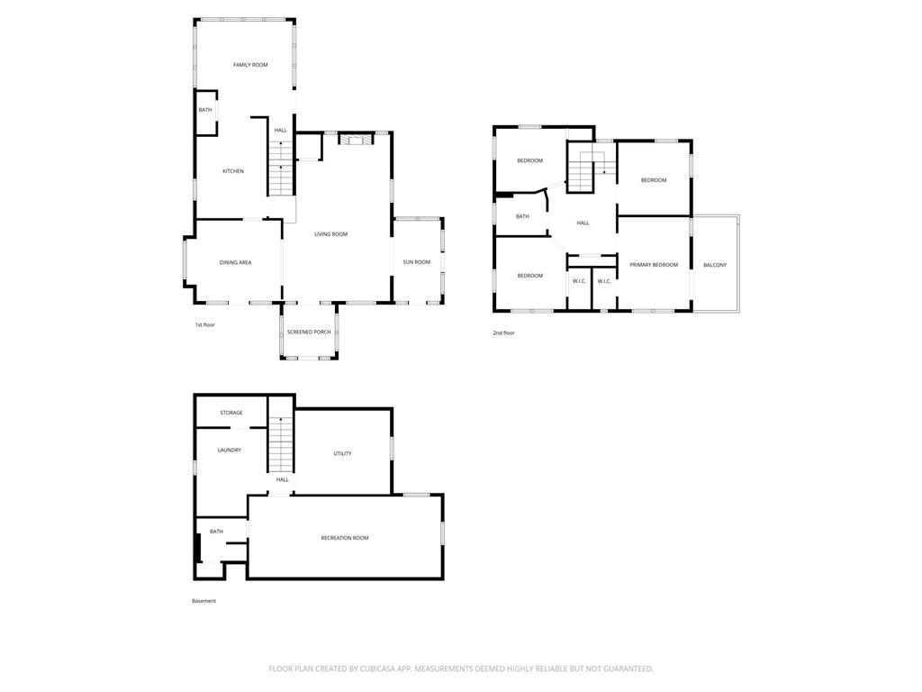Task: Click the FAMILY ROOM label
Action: (x=250, y=65)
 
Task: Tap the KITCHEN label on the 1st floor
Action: (x=233, y=171)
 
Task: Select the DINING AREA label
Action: (x=235, y=262)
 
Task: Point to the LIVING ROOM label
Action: (x=331, y=234)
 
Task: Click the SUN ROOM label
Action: (x=416, y=262)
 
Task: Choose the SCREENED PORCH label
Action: (x=309, y=332)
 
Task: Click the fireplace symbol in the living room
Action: (x=356, y=140)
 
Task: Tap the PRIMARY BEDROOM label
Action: (x=654, y=265)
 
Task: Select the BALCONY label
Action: (x=715, y=266)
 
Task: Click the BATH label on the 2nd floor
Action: (x=522, y=216)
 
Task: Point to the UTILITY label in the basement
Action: (x=342, y=454)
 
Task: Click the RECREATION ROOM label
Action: (x=345, y=538)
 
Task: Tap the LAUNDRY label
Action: (x=230, y=451)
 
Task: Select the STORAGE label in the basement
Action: (x=231, y=413)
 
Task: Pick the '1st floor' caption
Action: (x=204, y=324)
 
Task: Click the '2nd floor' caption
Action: (x=503, y=333)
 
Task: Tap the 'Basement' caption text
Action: (x=204, y=601)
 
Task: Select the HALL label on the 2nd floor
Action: (x=583, y=223)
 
